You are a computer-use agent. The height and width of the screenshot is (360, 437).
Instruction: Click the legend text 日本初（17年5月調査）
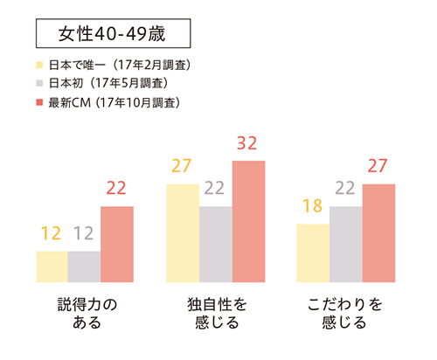(108, 84)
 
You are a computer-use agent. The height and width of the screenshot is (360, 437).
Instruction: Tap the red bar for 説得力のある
(117, 245)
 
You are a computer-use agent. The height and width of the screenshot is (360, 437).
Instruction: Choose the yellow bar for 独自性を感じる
(183, 233)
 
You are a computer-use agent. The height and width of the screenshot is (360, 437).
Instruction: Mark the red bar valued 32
(248, 222)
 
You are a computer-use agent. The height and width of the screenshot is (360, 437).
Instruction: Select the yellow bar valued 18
(313, 253)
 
